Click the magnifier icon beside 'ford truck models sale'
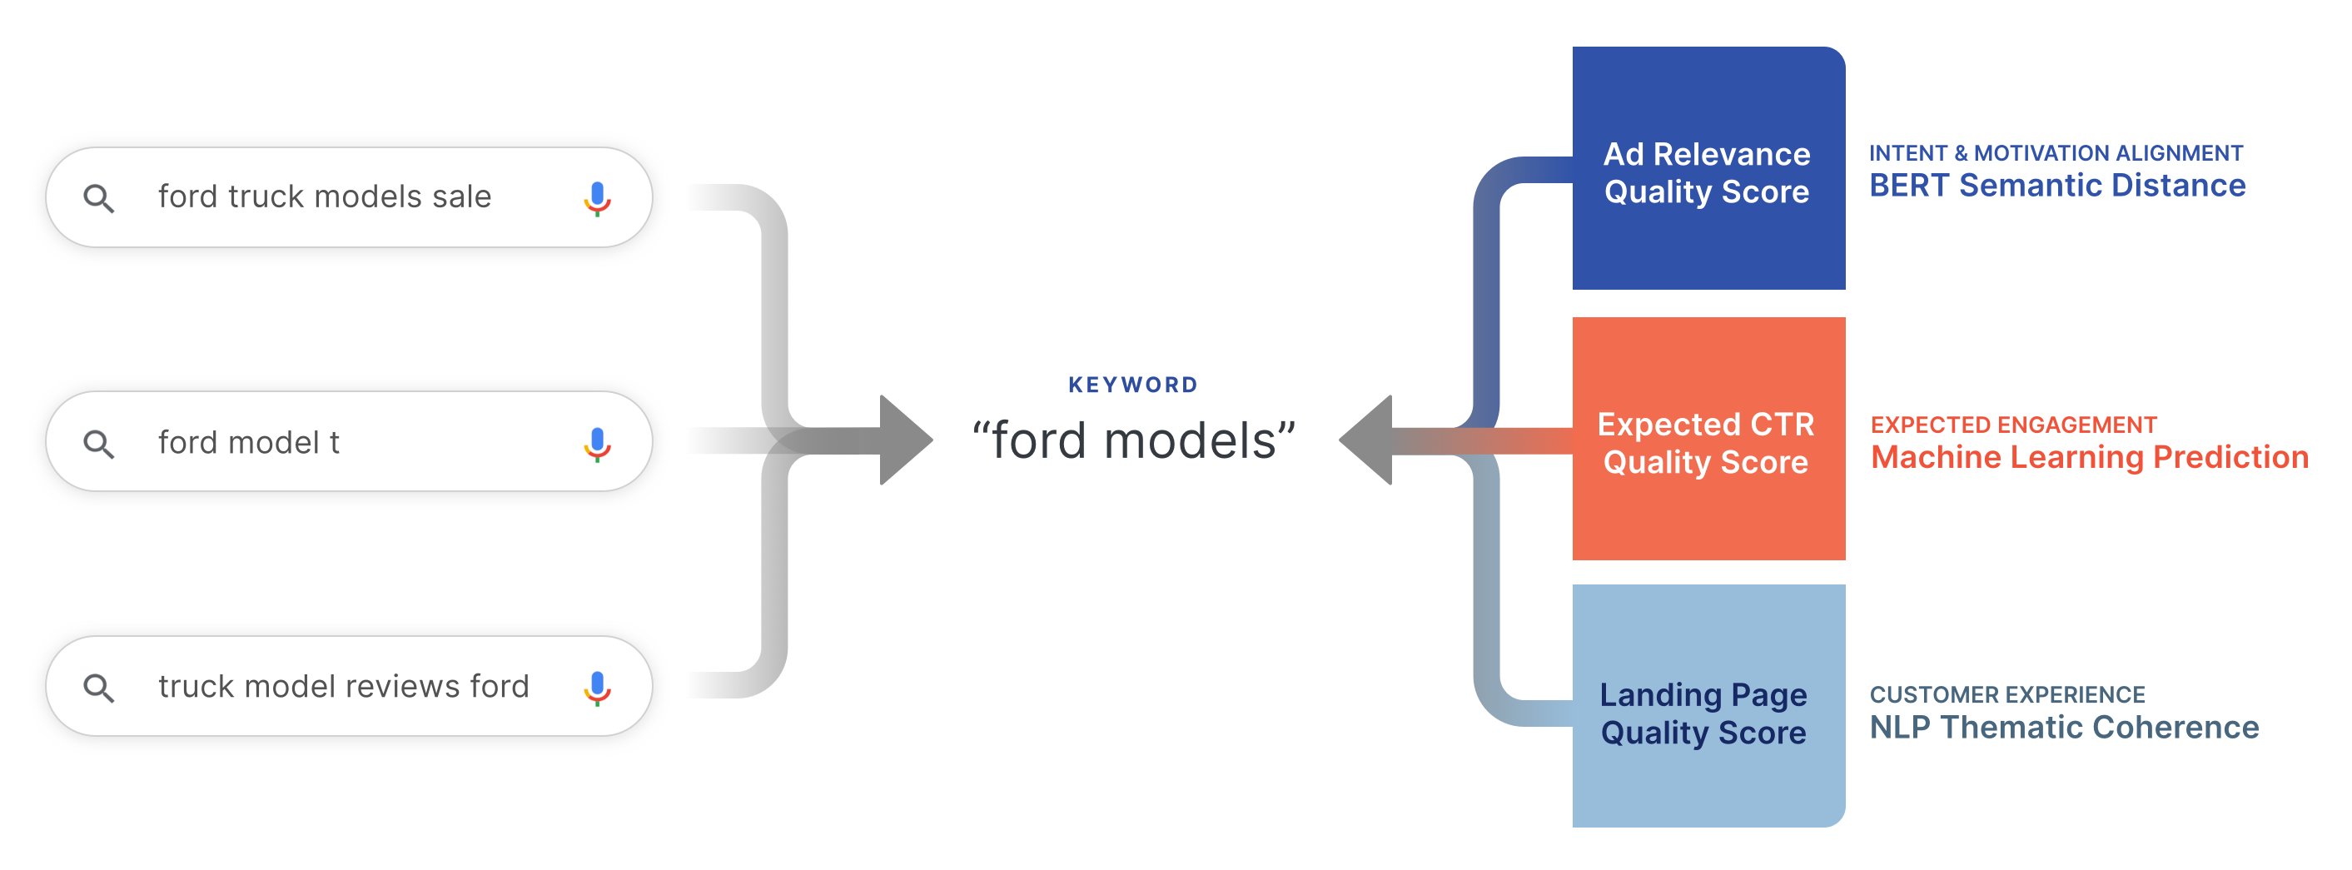[x=98, y=198]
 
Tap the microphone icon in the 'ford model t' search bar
[x=597, y=444]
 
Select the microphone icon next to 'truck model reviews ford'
[x=597, y=689]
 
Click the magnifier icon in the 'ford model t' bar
[x=98, y=444]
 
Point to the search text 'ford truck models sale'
[x=325, y=196]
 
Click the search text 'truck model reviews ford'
[x=344, y=685]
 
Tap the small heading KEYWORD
[x=1133, y=385]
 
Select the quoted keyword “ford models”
[x=1133, y=440]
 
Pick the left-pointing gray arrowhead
[x=1366, y=440]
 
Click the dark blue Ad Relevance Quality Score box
[x=1708, y=168]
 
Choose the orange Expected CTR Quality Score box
[x=1708, y=438]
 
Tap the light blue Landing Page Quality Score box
[x=1708, y=706]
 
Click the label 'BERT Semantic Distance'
[x=2057, y=186]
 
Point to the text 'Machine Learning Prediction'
[x=2090, y=456]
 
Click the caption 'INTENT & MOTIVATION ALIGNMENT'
[x=2056, y=152]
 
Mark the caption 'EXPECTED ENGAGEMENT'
[x=2013, y=425]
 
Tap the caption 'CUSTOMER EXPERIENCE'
[x=2006, y=694]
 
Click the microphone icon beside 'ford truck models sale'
[x=597, y=198]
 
